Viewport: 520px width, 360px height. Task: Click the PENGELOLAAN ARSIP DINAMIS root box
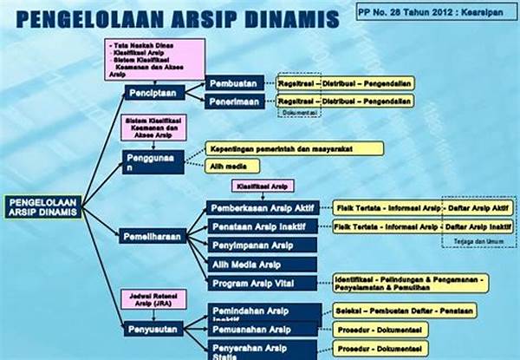point(42,206)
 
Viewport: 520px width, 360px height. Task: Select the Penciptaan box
point(154,93)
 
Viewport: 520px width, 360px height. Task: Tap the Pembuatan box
point(235,83)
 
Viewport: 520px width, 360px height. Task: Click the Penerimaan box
point(235,101)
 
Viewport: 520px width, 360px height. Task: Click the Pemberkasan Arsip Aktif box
point(266,208)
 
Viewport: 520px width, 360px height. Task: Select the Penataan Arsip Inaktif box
point(266,227)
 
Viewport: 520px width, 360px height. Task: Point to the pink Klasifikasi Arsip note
point(263,186)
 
